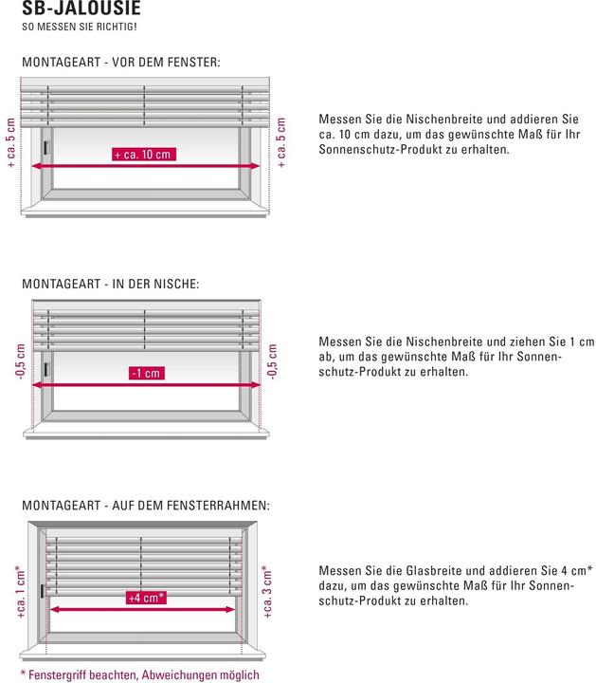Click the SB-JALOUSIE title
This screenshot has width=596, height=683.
click(81, 8)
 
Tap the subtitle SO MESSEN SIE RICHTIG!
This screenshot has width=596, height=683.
click(80, 27)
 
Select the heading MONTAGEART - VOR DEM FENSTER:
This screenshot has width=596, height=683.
click(120, 63)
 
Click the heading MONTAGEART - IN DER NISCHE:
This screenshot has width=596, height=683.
click(110, 283)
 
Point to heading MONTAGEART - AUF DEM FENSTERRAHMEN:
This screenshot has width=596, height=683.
click(145, 506)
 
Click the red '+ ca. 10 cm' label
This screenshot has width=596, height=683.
click(143, 154)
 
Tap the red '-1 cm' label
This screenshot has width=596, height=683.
click(146, 373)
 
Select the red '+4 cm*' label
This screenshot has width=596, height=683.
click(146, 598)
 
